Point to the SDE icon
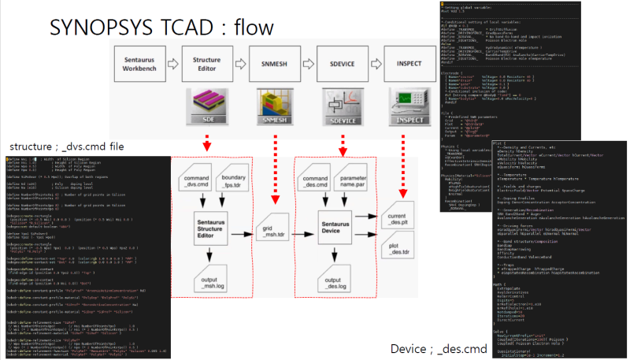click(207, 105)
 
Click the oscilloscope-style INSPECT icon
click(410, 105)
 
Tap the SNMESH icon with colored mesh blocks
click(275, 105)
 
